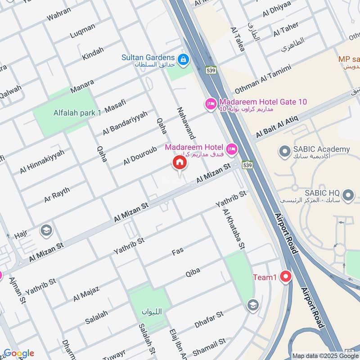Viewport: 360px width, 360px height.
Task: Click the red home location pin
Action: click(x=179, y=163)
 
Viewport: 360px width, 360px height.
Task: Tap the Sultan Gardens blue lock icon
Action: click(x=183, y=59)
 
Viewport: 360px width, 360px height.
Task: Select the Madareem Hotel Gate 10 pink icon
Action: click(x=211, y=104)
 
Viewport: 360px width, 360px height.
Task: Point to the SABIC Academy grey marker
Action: click(x=284, y=151)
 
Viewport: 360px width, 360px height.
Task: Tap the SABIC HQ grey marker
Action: click(x=347, y=195)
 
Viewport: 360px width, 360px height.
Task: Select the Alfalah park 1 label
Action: click(x=77, y=113)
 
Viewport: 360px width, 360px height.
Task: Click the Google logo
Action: click(x=18, y=353)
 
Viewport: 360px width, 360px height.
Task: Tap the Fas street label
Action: click(x=178, y=252)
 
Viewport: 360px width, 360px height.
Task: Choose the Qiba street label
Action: click(x=193, y=271)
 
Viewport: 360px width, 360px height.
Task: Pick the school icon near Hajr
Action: click(x=46, y=231)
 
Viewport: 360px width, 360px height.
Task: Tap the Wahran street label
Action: click(x=58, y=14)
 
